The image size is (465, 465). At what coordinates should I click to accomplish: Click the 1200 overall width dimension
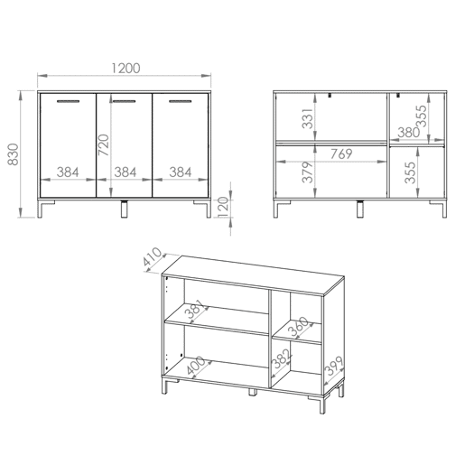(126, 69)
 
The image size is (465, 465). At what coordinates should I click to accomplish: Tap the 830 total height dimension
(14, 154)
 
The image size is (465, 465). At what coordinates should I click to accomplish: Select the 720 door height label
(104, 145)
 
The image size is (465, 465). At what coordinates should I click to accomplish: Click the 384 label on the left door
(68, 172)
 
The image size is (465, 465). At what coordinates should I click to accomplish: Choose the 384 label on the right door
(181, 172)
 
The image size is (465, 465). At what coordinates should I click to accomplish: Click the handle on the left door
(69, 101)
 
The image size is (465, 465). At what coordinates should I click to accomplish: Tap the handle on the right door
(181, 101)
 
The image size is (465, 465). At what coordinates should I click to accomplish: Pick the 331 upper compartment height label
(308, 118)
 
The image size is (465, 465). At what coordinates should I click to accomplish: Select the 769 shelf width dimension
(341, 153)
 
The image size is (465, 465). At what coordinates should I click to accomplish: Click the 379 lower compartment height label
(308, 172)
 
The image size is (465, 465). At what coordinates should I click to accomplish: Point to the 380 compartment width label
(409, 132)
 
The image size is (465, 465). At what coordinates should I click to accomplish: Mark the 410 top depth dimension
(153, 256)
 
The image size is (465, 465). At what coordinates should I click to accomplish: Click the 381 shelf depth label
(195, 309)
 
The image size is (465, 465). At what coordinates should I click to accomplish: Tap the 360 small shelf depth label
(298, 326)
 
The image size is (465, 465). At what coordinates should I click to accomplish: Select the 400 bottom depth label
(196, 365)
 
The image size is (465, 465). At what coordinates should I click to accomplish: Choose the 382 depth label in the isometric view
(282, 358)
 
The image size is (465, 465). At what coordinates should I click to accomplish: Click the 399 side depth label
(334, 366)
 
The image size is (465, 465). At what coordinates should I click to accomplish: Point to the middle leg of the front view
(124, 209)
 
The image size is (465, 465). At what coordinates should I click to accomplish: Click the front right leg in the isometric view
(322, 405)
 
